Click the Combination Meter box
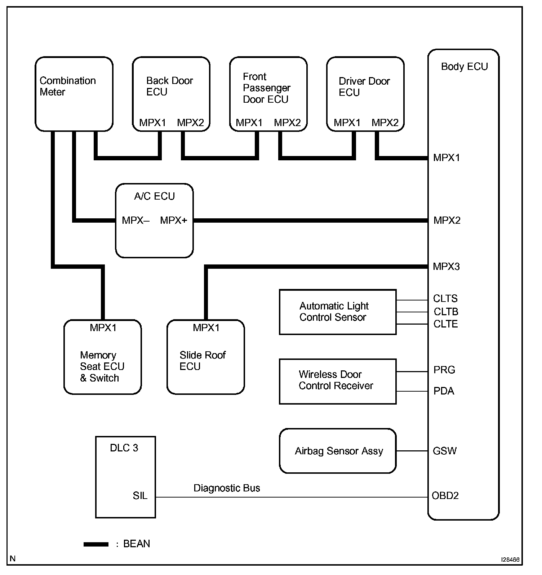(74, 94)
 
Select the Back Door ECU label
(169, 86)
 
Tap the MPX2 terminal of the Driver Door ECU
(385, 123)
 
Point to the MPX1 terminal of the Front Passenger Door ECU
(249, 123)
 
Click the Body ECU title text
(464, 67)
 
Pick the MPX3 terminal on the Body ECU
(446, 267)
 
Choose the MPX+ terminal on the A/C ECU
(173, 220)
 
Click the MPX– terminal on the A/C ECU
(135, 220)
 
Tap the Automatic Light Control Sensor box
(338, 312)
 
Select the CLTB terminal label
(446, 312)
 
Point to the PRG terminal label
(444, 370)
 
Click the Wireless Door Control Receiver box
(338, 381)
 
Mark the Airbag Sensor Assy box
(338, 451)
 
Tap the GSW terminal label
(444, 451)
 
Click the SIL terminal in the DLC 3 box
(140, 496)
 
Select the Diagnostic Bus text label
(227, 488)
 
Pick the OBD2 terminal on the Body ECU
(445, 496)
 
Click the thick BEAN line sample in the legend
(96, 544)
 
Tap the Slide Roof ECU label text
(202, 361)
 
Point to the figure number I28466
(510, 560)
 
